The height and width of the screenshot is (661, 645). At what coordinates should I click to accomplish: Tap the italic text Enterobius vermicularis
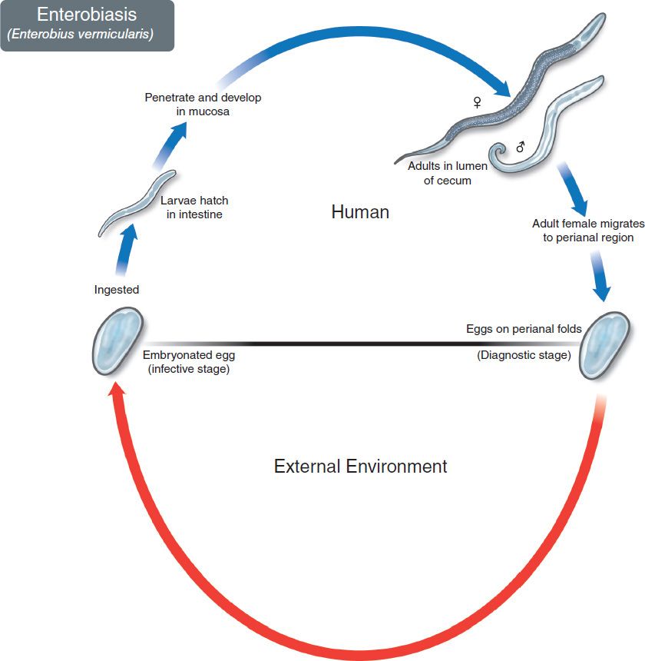[x=87, y=35]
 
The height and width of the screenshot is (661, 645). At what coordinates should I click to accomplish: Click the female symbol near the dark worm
[x=478, y=101]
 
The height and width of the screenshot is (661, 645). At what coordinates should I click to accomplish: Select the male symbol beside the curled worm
[x=520, y=146]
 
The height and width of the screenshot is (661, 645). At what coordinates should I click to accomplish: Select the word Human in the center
[x=360, y=211]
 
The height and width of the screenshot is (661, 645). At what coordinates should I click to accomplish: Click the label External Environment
[x=360, y=466]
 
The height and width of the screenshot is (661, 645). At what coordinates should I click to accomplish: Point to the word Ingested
[x=117, y=290]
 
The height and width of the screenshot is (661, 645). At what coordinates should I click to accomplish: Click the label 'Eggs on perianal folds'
[x=524, y=329]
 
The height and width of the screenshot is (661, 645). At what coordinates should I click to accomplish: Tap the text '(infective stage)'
[x=189, y=370]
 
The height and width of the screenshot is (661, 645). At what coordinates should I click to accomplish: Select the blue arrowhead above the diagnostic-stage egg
[x=603, y=292]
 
